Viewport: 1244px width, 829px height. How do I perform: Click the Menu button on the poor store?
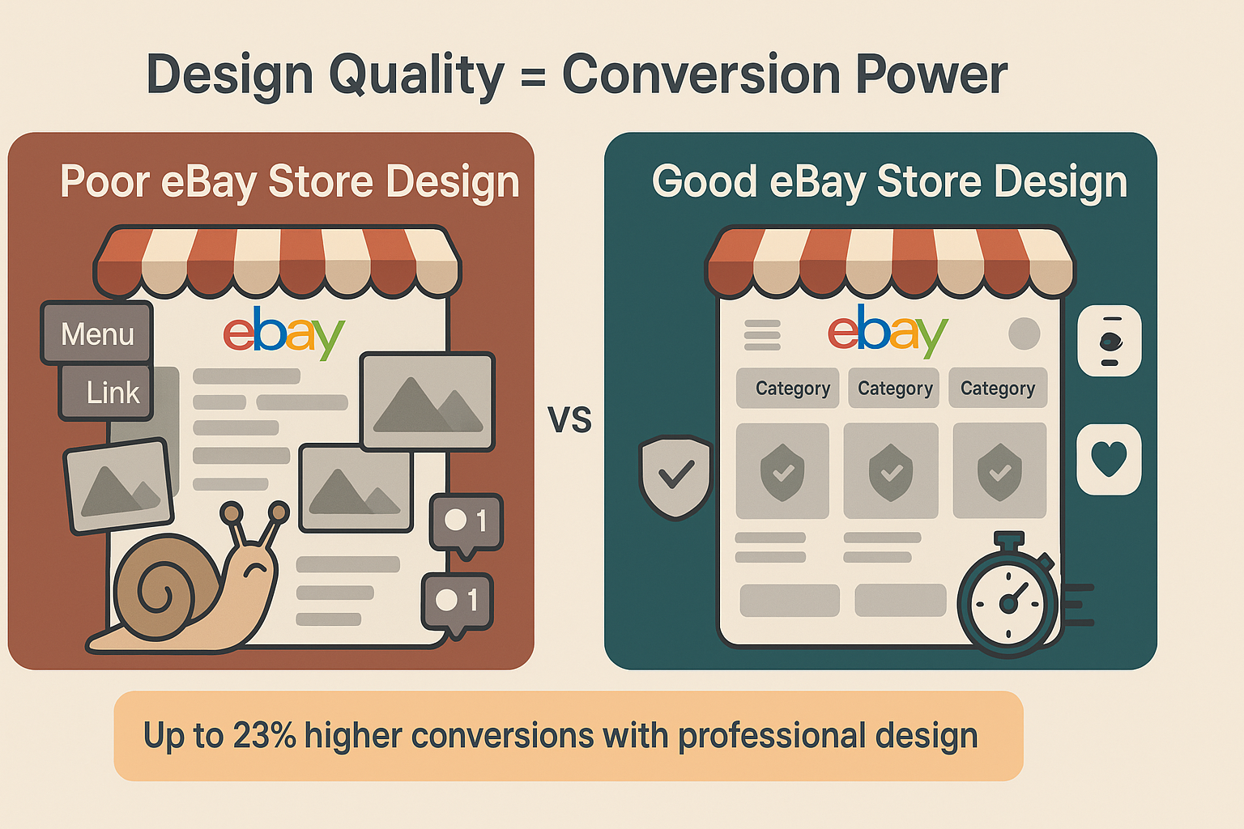(96, 333)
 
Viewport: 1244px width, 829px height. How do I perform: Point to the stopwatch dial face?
(1008, 603)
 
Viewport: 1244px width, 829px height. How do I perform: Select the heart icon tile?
(1109, 458)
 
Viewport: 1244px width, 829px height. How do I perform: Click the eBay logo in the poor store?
(283, 332)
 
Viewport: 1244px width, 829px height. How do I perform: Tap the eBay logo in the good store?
(887, 331)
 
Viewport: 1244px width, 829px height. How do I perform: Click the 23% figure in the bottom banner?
(264, 736)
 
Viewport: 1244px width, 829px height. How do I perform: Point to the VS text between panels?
(569, 420)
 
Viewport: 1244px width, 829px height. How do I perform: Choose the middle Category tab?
(894, 389)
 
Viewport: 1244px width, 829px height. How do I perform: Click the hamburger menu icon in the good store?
(762, 334)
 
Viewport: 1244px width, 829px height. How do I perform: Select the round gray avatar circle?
(1024, 334)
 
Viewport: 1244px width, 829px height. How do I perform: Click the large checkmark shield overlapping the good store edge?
(675, 476)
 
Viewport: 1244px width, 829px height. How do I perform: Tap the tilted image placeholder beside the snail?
(119, 486)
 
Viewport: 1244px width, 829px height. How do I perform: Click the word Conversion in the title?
(701, 74)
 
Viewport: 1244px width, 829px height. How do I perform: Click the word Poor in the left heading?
(105, 181)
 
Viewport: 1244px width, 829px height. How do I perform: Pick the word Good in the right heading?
(704, 181)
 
